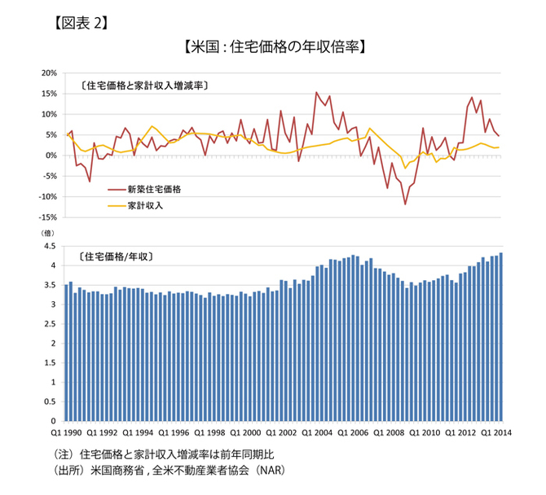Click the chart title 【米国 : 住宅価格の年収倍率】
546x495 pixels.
[273, 46]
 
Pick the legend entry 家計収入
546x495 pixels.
[147, 206]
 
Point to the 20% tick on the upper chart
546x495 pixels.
[47, 73]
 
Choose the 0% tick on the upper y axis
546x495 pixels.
[50, 156]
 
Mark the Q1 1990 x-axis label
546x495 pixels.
[67, 432]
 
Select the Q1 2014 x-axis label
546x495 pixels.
[500, 432]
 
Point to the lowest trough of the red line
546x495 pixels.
[405, 204]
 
